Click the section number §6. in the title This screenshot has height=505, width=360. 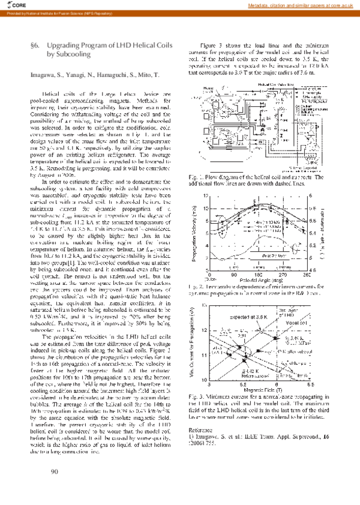tap(35, 45)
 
